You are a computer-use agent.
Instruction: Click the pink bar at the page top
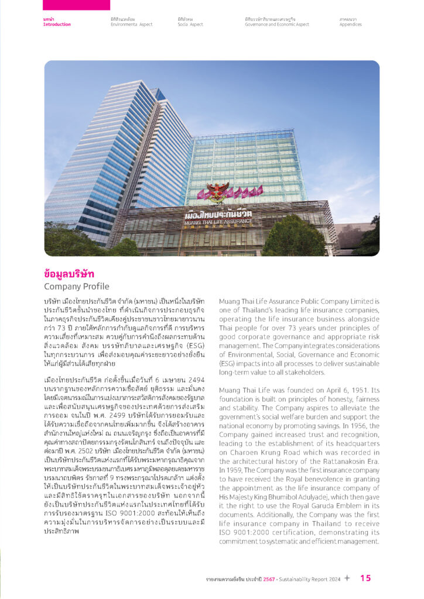76,5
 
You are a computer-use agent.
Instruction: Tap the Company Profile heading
76,287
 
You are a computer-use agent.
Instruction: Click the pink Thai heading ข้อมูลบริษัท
69,274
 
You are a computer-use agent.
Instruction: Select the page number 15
365,579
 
